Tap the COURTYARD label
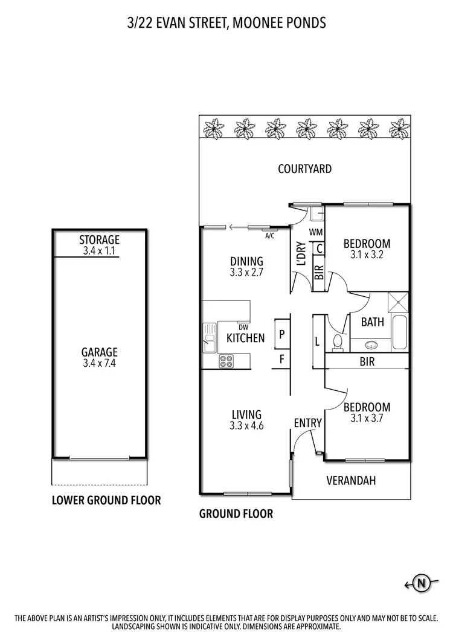click(304, 169)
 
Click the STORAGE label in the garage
click(100, 240)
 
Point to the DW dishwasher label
click(243, 327)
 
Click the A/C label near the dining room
click(269, 236)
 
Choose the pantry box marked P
click(281, 334)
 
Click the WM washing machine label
click(315, 232)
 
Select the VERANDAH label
click(351, 481)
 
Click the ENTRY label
click(307, 423)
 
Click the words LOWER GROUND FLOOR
click(106, 500)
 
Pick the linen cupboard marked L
click(318, 341)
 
